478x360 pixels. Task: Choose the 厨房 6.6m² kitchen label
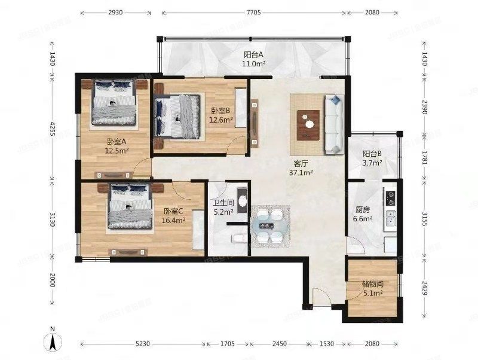point(363,215)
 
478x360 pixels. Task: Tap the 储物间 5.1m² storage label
point(372,289)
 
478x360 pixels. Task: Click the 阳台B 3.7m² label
point(372,157)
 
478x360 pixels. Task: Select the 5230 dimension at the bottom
point(142,344)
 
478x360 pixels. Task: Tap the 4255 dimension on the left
point(53,127)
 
